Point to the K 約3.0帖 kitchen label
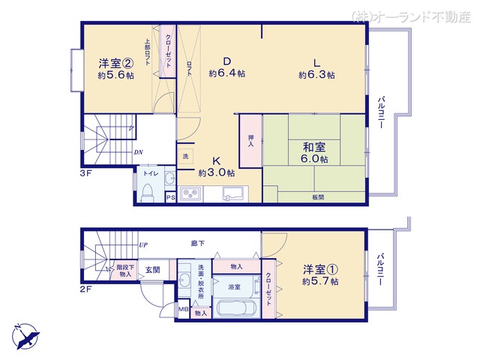214,167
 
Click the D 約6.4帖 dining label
227,67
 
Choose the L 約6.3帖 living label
316,68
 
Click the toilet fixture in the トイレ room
148,194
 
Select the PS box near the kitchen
170,198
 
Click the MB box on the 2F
182,308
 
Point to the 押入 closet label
251,141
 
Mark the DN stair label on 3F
139,153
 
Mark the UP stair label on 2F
143,244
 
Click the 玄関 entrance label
152,270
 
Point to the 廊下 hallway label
198,243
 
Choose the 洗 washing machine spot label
184,156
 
